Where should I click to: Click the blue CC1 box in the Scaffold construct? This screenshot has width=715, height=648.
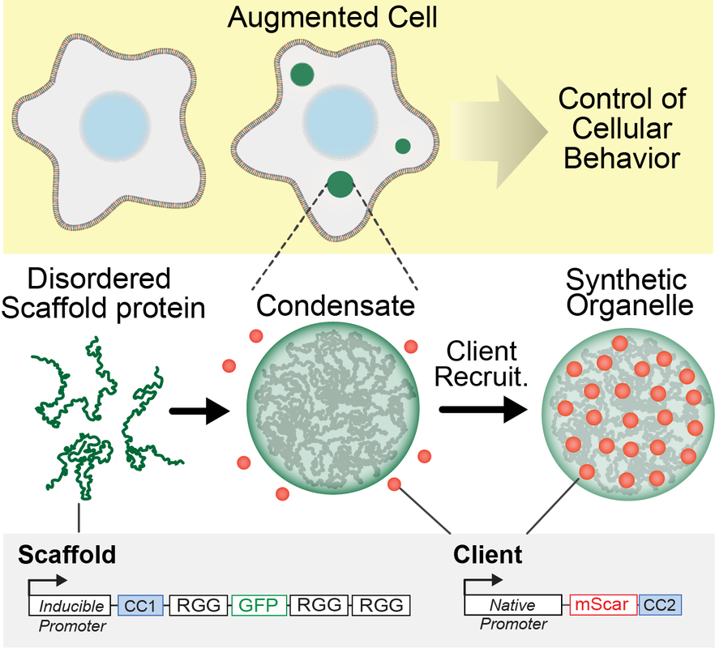point(140,604)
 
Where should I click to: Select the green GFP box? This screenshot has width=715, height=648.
point(259,604)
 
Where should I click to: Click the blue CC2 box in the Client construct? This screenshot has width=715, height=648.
point(660,604)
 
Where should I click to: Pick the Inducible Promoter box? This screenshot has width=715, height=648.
point(71,604)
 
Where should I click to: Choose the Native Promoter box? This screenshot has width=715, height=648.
point(512,604)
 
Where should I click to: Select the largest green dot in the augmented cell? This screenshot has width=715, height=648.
point(340,185)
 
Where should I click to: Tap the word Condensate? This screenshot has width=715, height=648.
point(334,305)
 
